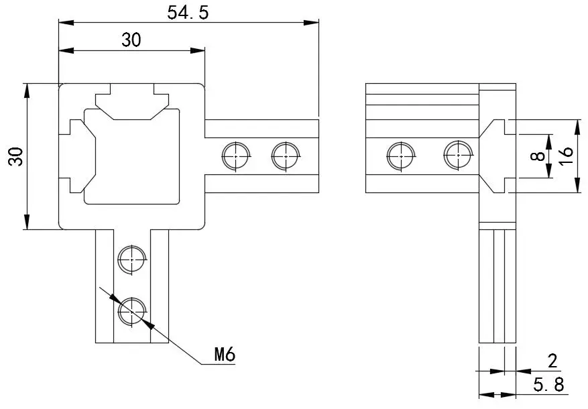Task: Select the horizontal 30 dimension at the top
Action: [131, 40]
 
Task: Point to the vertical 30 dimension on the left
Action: [15, 157]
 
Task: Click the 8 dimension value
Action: [537, 156]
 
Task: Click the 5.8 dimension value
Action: [548, 385]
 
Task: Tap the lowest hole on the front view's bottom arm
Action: [133, 312]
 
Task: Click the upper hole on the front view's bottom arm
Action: [132, 259]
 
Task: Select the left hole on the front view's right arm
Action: [236, 156]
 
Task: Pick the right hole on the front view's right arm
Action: [286, 156]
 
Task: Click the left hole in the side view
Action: [401, 156]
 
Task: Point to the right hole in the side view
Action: [458, 156]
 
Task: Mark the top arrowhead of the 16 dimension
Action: [577, 125]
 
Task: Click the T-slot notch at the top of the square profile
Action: [131, 101]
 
